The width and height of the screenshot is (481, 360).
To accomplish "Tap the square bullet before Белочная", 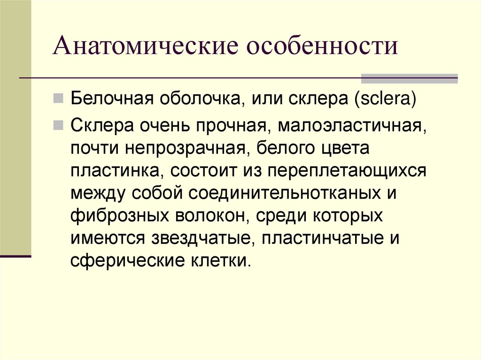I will [x=59, y=99].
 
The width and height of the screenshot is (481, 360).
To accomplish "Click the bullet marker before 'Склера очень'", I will [x=59, y=125].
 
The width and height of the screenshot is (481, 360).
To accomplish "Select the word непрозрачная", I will [x=184, y=149].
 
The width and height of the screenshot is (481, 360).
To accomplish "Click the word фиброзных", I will [x=119, y=215].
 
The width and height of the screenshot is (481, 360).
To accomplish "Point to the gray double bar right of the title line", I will [x=409, y=78].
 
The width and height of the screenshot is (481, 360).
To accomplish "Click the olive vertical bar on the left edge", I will [x=16, y=127].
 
